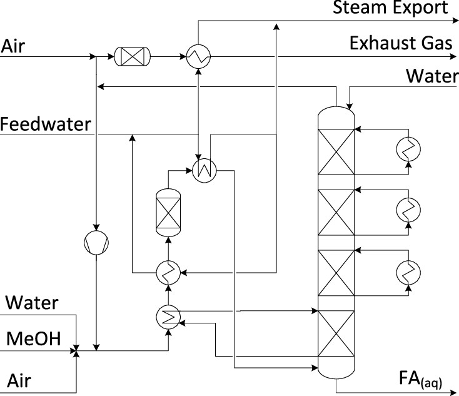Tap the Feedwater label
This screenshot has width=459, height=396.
45,124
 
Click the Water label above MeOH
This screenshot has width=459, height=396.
32,303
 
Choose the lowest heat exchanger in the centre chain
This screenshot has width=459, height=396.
168,318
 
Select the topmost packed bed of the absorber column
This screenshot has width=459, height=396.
336,152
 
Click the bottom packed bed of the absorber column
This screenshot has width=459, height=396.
336,335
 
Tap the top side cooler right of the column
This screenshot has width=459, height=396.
408,148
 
